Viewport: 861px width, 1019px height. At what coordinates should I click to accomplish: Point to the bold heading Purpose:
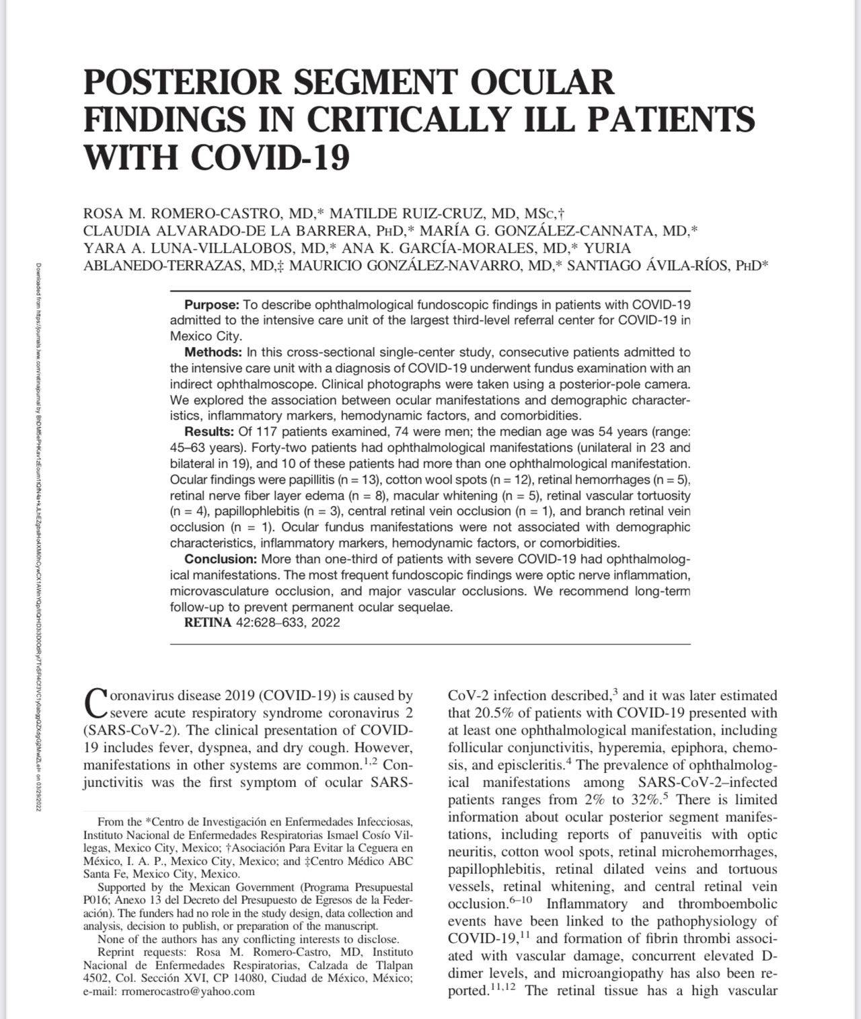point(212,304)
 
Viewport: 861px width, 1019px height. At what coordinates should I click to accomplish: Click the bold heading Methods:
point(213,352)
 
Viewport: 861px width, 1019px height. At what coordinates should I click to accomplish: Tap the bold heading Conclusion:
point(221,560)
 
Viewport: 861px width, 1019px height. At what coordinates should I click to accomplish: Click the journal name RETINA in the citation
point(208,623)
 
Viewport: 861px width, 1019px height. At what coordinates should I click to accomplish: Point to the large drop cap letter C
point(96,702)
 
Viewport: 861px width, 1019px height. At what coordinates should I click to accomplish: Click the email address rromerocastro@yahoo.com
point(188,991)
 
